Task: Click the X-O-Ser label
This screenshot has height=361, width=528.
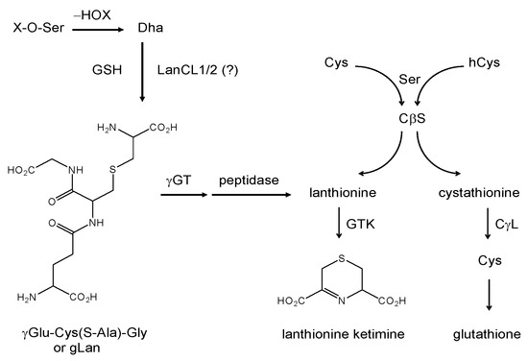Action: tap(36, 29)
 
